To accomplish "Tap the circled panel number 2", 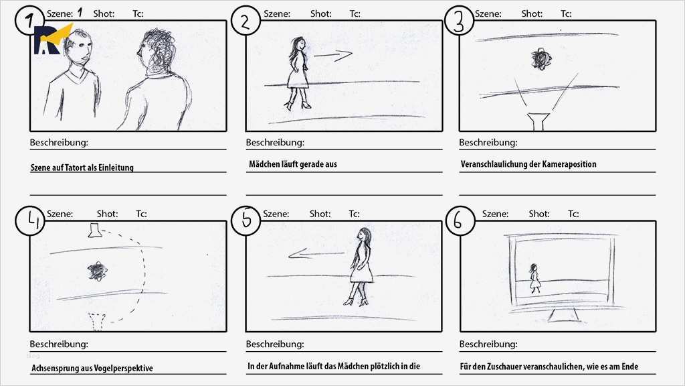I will click(x=246, y=21).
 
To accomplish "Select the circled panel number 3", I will click(x=459, y=21).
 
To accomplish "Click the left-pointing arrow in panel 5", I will click(x=316, y=254).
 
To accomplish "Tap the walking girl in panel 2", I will click(x=298, y=72).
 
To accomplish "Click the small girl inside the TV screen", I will click(x=534, y=278).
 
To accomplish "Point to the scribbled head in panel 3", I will click(x=539, y=60).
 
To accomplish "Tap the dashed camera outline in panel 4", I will click(x=98, y=321).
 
